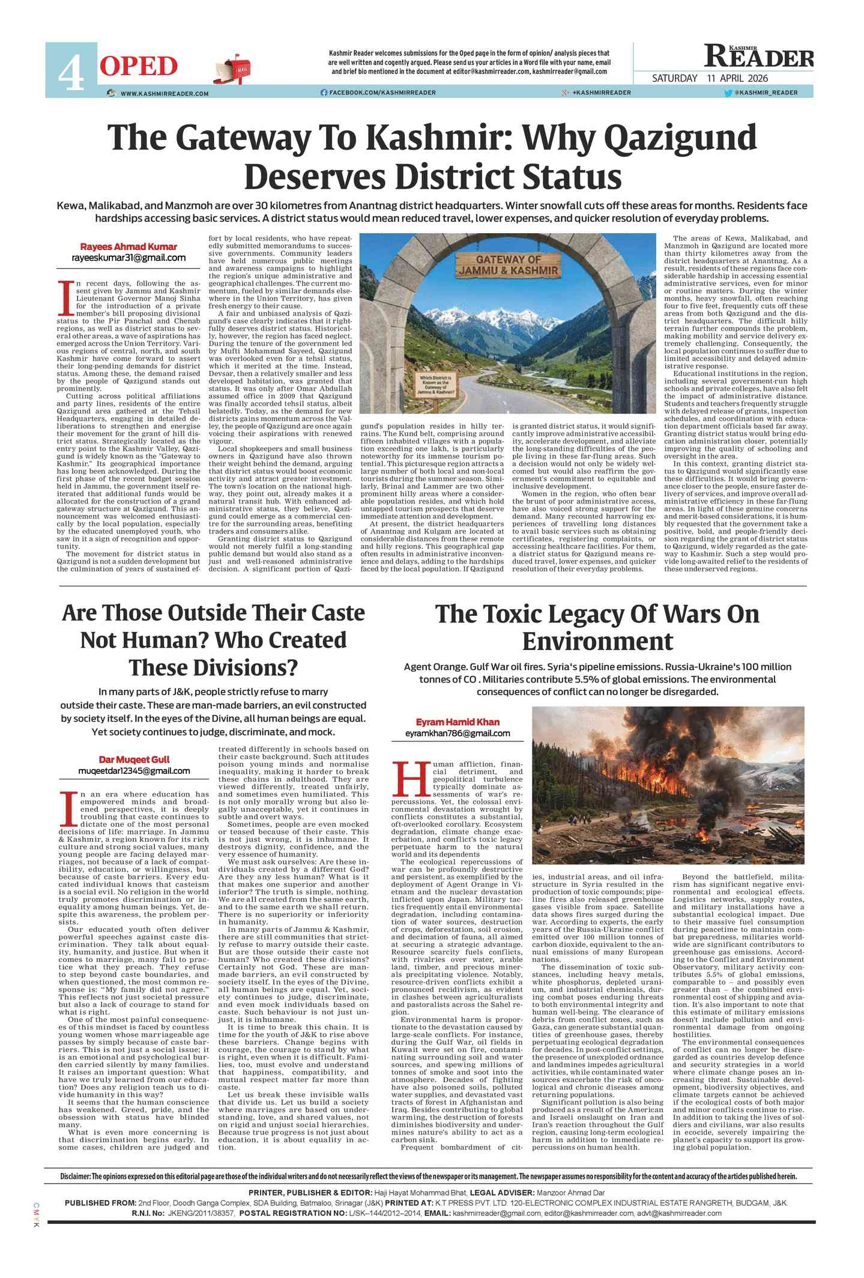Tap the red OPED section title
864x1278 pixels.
coord(139,67)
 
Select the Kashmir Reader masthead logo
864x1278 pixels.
coord(759,57)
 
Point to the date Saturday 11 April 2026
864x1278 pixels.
coord(710,78)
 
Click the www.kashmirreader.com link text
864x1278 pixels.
coord(164,93)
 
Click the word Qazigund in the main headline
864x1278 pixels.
coord(680,138)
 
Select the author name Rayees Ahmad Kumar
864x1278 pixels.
coord(128,246)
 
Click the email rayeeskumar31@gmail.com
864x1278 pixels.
coord(128,258)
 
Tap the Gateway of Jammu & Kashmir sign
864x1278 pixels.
coord(508,265)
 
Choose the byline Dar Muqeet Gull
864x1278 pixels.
coord(134,759)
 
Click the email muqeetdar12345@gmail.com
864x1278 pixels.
coord(134,771)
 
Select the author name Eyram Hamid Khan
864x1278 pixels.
coord(458,722)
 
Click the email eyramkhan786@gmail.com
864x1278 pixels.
coord(458,733)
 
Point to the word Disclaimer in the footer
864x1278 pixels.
coord(74,1176)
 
